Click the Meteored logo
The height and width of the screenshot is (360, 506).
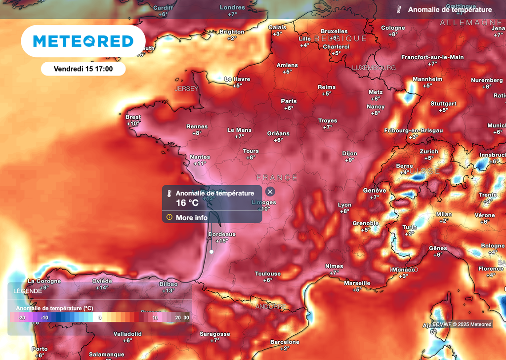coord(83,41)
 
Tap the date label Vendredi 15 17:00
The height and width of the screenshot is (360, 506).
coord(83,69)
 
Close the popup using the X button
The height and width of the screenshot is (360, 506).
coord(270,192)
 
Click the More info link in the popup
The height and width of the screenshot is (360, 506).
coord(191,217)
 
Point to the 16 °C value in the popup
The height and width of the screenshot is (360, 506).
coord(187,202)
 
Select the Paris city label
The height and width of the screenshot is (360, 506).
coord(289,101)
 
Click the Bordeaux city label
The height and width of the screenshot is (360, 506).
coord(222,234)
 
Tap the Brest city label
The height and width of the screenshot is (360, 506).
coord(133,118)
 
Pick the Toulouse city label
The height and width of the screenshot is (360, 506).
coord(268,274)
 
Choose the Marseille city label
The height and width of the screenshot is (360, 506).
coord(357,283)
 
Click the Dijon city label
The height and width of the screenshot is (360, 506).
coord(350,154)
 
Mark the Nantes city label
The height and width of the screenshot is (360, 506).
coord(200,157)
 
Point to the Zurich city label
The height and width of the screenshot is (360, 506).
coord(429,152)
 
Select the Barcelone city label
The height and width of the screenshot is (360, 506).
coord(285,342)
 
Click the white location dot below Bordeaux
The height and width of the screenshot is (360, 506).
coord(211,251)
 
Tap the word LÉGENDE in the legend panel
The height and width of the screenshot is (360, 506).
coord(28,291)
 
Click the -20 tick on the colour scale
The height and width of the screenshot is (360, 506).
coord(21,318)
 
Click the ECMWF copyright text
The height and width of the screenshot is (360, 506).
coord(462,324)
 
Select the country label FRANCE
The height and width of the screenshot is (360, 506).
coord(277,178)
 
